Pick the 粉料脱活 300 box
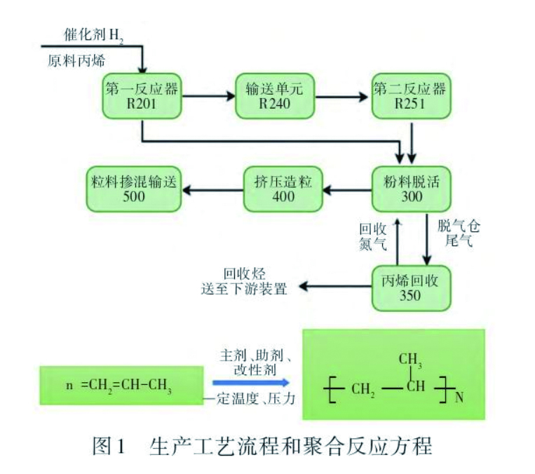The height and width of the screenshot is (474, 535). pyautogui.click(x=411, y=189)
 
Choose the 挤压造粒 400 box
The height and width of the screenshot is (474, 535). pyautogui.click(x=283, y=189)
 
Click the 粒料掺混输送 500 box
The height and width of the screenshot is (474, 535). pyautogui.click(x=133, y=189)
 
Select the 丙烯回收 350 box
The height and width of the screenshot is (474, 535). pyautogui.click(x=410, y=287)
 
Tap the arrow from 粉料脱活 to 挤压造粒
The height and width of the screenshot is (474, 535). pyautogui.click(x=347, y=189)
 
